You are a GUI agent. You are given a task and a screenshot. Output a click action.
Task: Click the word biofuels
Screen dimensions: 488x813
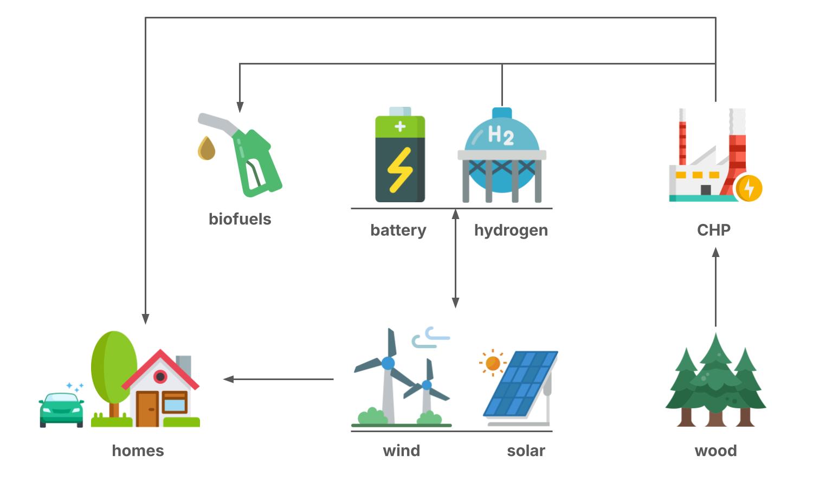pyautogui.click(x=240, y=219)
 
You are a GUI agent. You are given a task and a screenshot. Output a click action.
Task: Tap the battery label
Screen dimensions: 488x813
pyautogui.click(x=398, y=230)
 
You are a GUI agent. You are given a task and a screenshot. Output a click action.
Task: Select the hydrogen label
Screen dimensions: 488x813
pyautogui.click(x=511, y=230)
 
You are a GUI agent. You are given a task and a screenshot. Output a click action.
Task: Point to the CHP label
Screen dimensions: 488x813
pyautogui.click(x=713, y=230)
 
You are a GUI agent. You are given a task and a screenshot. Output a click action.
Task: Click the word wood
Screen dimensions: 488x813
pyautogui.click(x=715, y=451)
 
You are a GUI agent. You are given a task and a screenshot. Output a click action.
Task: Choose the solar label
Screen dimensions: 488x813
pyautogui.click(x=526, y=451)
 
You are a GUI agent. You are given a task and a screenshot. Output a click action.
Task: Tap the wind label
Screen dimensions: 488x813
pyautogui.click(x=401, y=451)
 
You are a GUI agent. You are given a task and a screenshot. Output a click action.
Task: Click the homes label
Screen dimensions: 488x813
pyautogui.click(x=138, y=451)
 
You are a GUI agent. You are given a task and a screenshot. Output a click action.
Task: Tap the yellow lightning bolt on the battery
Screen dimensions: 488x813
pyautogui.click(x=400, y=169)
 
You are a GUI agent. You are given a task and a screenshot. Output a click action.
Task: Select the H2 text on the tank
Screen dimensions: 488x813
pyautogui.click(x=500, y=135)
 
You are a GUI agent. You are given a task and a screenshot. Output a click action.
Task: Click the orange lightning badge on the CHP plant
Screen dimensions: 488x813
pyautogui.click(x=749, y=189)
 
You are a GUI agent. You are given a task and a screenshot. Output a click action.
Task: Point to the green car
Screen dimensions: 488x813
pyautogui.click(x=61, y=410)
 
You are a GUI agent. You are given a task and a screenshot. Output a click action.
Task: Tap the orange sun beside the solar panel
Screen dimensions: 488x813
pyautogui.click(x=493, y=363)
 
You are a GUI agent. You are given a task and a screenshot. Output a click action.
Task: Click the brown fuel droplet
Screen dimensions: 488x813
pyautogui.click(x=207, y=149)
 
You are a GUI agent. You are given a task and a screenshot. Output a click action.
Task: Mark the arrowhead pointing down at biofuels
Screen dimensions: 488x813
pyautogui.click(x=240, y=107)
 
